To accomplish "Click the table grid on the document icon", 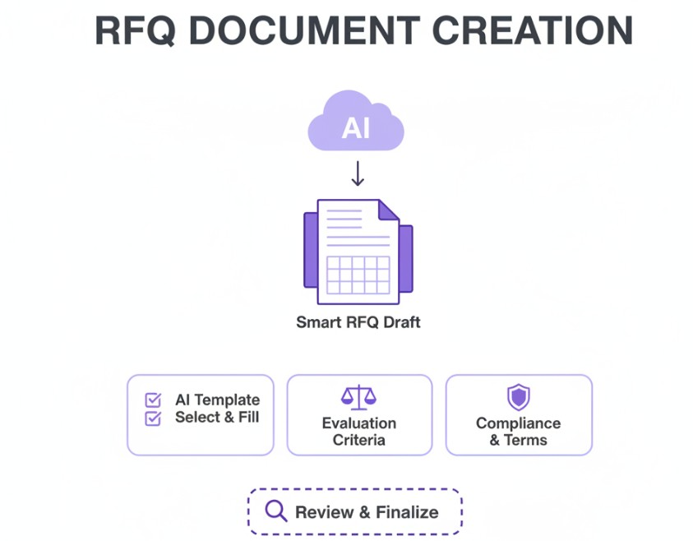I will pos(358,275).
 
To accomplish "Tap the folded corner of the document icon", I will pos(387,210).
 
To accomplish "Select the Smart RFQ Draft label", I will pos(358,322).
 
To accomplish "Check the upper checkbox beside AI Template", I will pos(153,400).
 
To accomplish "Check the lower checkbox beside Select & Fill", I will pos(153,418).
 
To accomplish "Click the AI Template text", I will pos(217,400).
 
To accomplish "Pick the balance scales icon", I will pos(358,399).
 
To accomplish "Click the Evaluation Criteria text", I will pos(358,432).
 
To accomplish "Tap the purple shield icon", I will pos(518,398).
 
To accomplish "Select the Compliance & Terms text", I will pos(518,432).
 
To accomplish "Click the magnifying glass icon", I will pos(275,511).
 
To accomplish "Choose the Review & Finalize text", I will pos(367,512).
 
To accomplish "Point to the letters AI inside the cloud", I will pos(355,128).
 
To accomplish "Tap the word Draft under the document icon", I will pos(400,322).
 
